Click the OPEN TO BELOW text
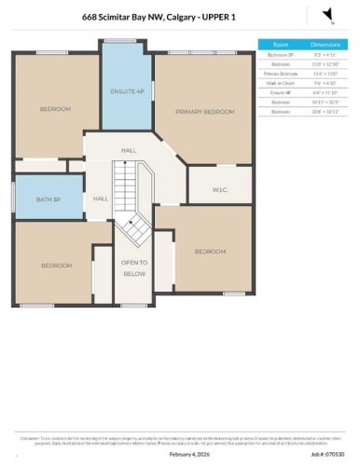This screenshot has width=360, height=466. pyautogui.click(x=135, y=268)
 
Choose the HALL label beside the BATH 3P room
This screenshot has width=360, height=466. pyautogui.click(x=101, y=199)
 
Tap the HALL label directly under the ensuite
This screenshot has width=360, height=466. pyautogui.click(x=129, y=149)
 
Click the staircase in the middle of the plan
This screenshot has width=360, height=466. pyautogui.click(x=131, y=200)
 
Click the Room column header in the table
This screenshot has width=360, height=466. pyautogui.click(x=280, y=44)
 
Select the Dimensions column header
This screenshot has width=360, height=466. pyautogui.click(x=325, y=44)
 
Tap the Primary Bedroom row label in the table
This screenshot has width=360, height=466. pyautogui.click(x=280, y=74)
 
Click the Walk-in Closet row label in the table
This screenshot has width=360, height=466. pyautogui.click(x=280, y=83)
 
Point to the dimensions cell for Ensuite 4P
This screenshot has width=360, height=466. pyautogui.click(x=325, y=92)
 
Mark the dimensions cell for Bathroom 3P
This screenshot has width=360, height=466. pyautogui.click(x=325, y=55)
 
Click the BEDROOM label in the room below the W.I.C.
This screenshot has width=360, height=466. pyautogui.click(x=209, y=252)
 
